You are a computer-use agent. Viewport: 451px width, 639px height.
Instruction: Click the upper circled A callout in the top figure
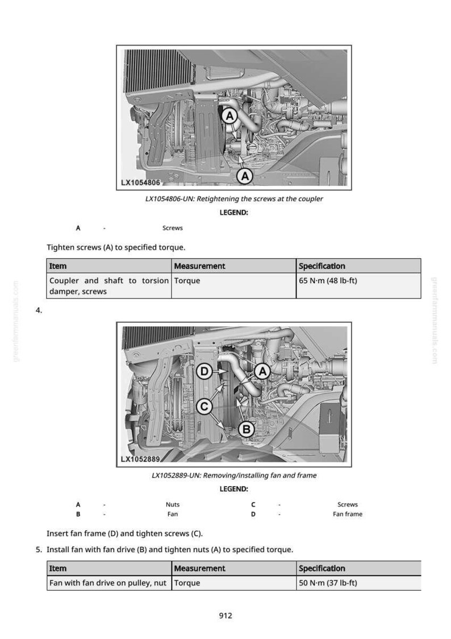click(x=229, y=117)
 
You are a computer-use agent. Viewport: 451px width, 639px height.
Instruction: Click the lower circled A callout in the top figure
click(x=245, y=176)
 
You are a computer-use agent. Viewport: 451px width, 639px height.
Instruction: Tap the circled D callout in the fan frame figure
click(x=204, y=372)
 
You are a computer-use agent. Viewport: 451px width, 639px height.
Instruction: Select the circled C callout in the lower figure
click(x=204, y=406)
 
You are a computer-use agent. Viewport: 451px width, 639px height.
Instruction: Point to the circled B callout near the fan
click(x=247, y=429)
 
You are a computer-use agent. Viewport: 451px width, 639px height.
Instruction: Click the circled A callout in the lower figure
click(x=262, y=371)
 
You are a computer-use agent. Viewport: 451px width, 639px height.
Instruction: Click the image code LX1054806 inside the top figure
click(x=141, y=182)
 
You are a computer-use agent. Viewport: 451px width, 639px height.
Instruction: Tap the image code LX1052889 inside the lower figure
click(x=140, y=459)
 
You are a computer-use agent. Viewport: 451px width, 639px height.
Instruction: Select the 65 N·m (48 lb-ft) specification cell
click(x=358, y=286)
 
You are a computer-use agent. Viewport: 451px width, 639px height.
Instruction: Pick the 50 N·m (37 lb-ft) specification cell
click(x=358, y=583)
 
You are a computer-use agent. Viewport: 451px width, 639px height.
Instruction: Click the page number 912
click(x=225, y=615)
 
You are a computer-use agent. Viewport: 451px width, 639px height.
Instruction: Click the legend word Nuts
click(x=173, y=504)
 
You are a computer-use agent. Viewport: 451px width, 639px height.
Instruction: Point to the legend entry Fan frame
click(x=348, y=514)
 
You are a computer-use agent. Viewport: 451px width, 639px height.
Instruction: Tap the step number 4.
click(x=39, y=310)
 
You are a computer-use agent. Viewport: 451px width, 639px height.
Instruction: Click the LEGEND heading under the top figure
click(x=233, y=212)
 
